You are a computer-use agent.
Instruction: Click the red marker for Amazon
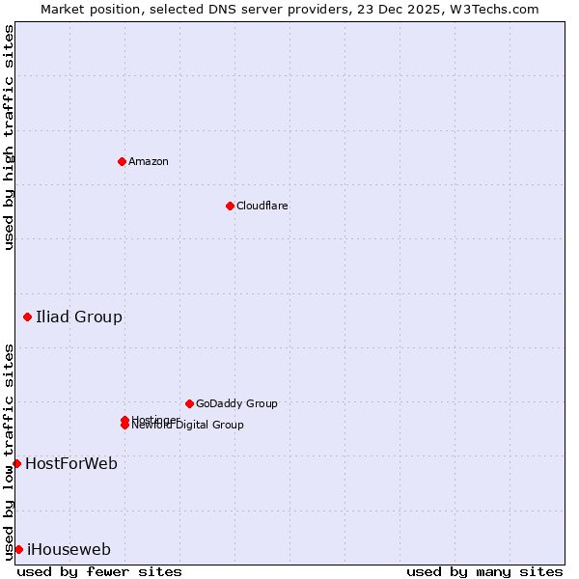tap(122, 161)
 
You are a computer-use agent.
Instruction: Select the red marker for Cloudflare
tap(230, 206)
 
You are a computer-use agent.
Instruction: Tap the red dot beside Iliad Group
tap(27, 317)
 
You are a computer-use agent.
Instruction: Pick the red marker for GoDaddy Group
tap(189, 403)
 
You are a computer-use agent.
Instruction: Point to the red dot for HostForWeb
tap(16, 463)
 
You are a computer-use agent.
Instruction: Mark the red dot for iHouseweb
tap(18, 549)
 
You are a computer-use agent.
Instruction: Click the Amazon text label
tap(149, 161)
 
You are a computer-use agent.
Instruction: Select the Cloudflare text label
tap(262, 206)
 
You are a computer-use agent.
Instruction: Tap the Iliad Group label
tap(79, 317)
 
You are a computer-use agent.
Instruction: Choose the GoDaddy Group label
tap(236, 403)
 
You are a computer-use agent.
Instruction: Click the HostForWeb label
tap(71, 463)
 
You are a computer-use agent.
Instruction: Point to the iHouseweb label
tap(69, 549)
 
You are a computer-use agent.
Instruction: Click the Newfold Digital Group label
tap(188, 426)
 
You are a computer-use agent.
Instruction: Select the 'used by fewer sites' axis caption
tap(99, 571)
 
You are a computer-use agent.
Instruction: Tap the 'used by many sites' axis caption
tap(484, 571)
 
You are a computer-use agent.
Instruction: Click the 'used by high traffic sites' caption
tap(9, 137)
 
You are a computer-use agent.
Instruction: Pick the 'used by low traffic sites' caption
tap(9, 451)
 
